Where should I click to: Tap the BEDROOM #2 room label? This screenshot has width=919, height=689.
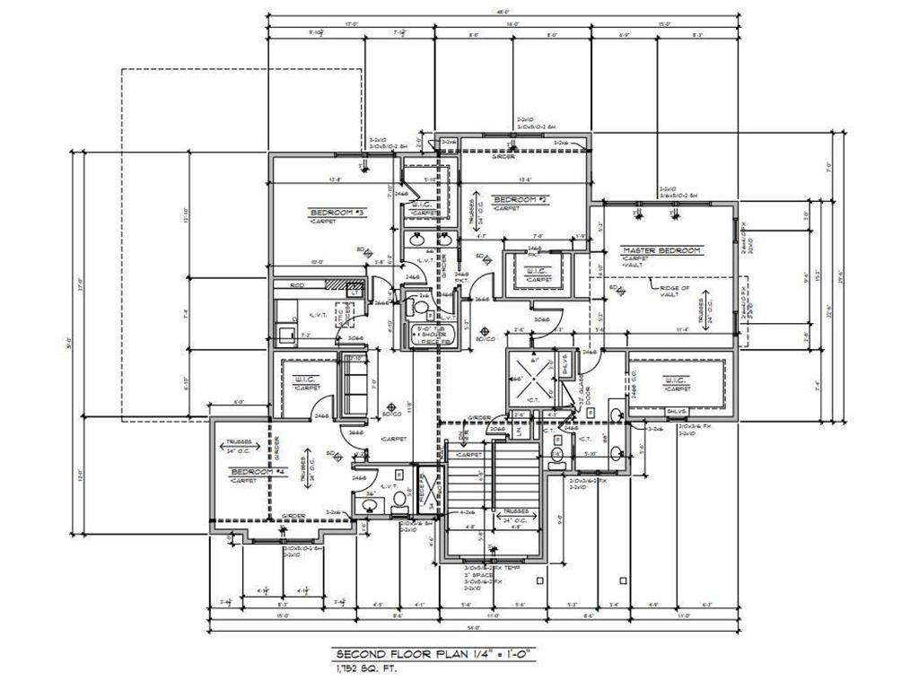point(521,199)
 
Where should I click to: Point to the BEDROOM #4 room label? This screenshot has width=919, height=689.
point(257,472)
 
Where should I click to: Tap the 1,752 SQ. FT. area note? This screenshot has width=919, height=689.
point(363,668)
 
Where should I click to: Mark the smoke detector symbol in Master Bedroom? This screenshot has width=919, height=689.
point(619,292)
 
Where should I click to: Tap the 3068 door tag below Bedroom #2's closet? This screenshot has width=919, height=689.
point(541,318)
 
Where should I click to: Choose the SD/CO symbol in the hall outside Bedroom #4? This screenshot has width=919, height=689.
point(389,412)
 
